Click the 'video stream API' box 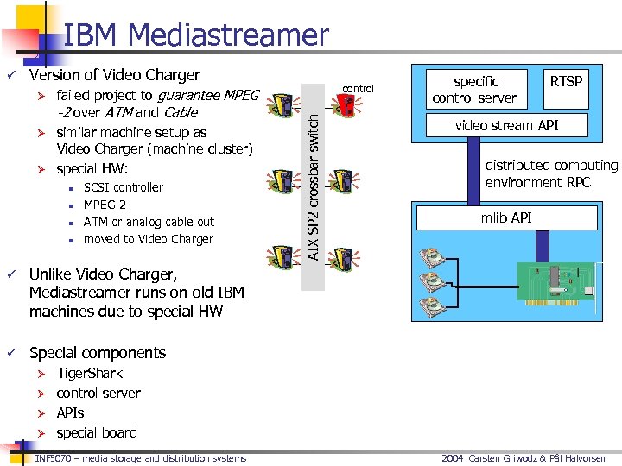click(506, 126)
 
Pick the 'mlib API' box click(506, 217)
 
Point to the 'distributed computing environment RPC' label click(550, 173)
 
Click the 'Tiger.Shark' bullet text click(89, 373)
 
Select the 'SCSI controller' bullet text click(123, 187)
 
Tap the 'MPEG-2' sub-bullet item click(105, 205)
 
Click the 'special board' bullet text click(96, 432)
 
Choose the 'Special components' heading click(97, 352)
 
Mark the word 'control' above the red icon click(358, 88)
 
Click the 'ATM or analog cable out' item click(149, 222)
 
